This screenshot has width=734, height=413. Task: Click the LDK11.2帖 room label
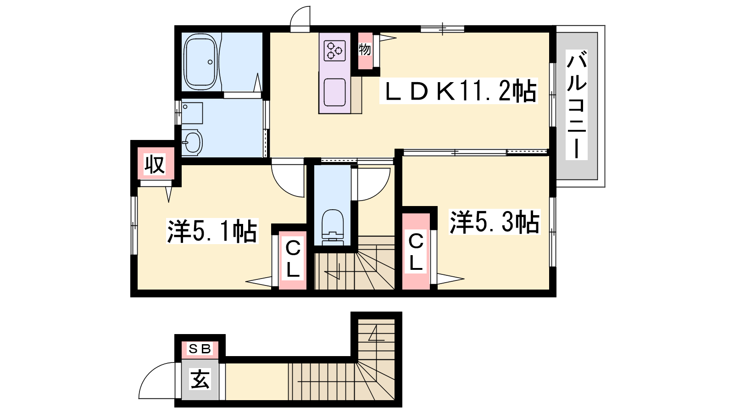[459, 91]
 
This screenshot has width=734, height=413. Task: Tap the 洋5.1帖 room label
[212, 231]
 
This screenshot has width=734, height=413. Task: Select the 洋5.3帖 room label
[495, 222]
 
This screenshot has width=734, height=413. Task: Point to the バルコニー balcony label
[576, 105]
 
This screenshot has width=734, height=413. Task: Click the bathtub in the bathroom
[200, 61]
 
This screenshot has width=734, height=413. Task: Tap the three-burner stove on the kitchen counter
[334, 50]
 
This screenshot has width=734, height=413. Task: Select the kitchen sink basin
[334, 92]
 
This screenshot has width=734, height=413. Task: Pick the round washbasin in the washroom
[192, 143]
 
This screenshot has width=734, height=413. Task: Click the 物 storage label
[365, 50]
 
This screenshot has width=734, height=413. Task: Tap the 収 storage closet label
[155, 164]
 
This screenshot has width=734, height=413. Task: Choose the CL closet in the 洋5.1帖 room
[293, 260]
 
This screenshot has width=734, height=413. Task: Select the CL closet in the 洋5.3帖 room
[416, 251]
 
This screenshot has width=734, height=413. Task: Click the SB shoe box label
[200, 349]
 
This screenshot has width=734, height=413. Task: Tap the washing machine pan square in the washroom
[192, 113]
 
